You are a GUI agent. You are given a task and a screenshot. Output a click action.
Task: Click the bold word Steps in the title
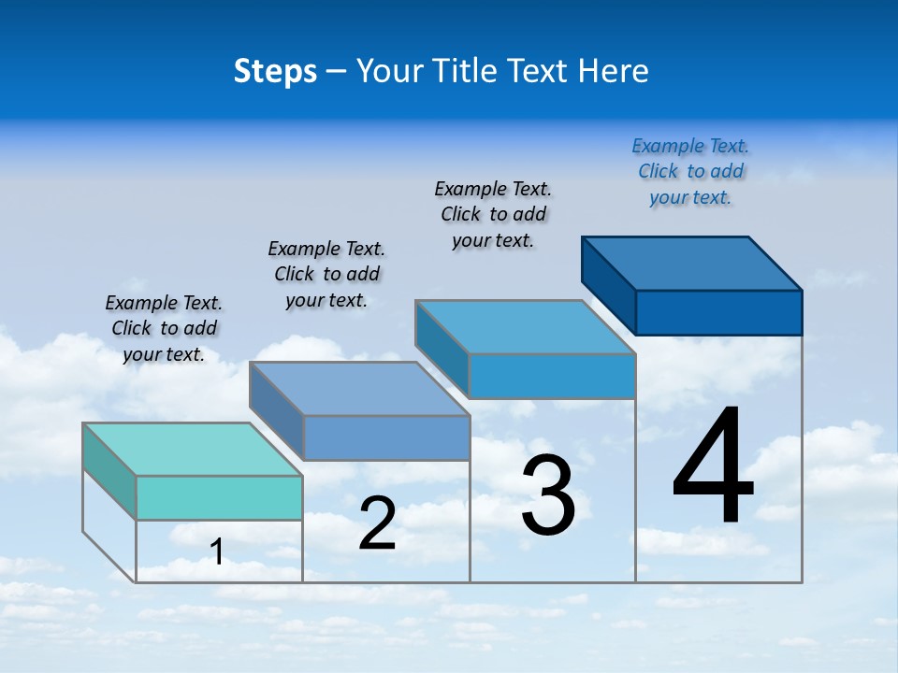coord(275,71)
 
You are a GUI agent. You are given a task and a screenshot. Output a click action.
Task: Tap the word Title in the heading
coord(464,71)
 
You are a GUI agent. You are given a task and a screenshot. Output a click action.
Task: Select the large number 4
coord(713,467)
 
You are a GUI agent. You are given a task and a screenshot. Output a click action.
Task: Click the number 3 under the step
coord(548,495)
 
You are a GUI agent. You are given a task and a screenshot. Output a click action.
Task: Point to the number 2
coord(377,523)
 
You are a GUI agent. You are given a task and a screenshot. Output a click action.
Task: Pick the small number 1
coord(217,552)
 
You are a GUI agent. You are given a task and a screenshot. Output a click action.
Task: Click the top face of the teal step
coord(192,449)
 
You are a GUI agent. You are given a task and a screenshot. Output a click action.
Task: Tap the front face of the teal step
coord(219,497)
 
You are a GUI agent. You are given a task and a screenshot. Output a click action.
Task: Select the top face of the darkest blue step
coord(692,263)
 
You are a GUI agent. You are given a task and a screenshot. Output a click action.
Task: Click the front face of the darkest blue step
coord(718,312)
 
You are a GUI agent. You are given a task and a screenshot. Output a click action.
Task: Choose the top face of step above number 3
coord(524,327)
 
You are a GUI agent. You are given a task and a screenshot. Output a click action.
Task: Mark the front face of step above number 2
coord(386,437)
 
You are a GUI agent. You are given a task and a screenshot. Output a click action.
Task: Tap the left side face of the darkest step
coord(609,285)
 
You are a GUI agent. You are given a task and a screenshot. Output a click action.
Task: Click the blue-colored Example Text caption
coord(690,171)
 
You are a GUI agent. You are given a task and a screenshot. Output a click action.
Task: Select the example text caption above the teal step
coord(164,328)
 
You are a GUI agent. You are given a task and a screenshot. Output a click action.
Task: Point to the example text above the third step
coord(493,214)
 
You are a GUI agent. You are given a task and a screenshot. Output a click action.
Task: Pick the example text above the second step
coord(326,274)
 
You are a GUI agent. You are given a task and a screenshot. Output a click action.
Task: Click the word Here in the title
coord(614,71)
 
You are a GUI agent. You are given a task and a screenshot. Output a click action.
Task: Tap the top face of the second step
coord(358,388)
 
